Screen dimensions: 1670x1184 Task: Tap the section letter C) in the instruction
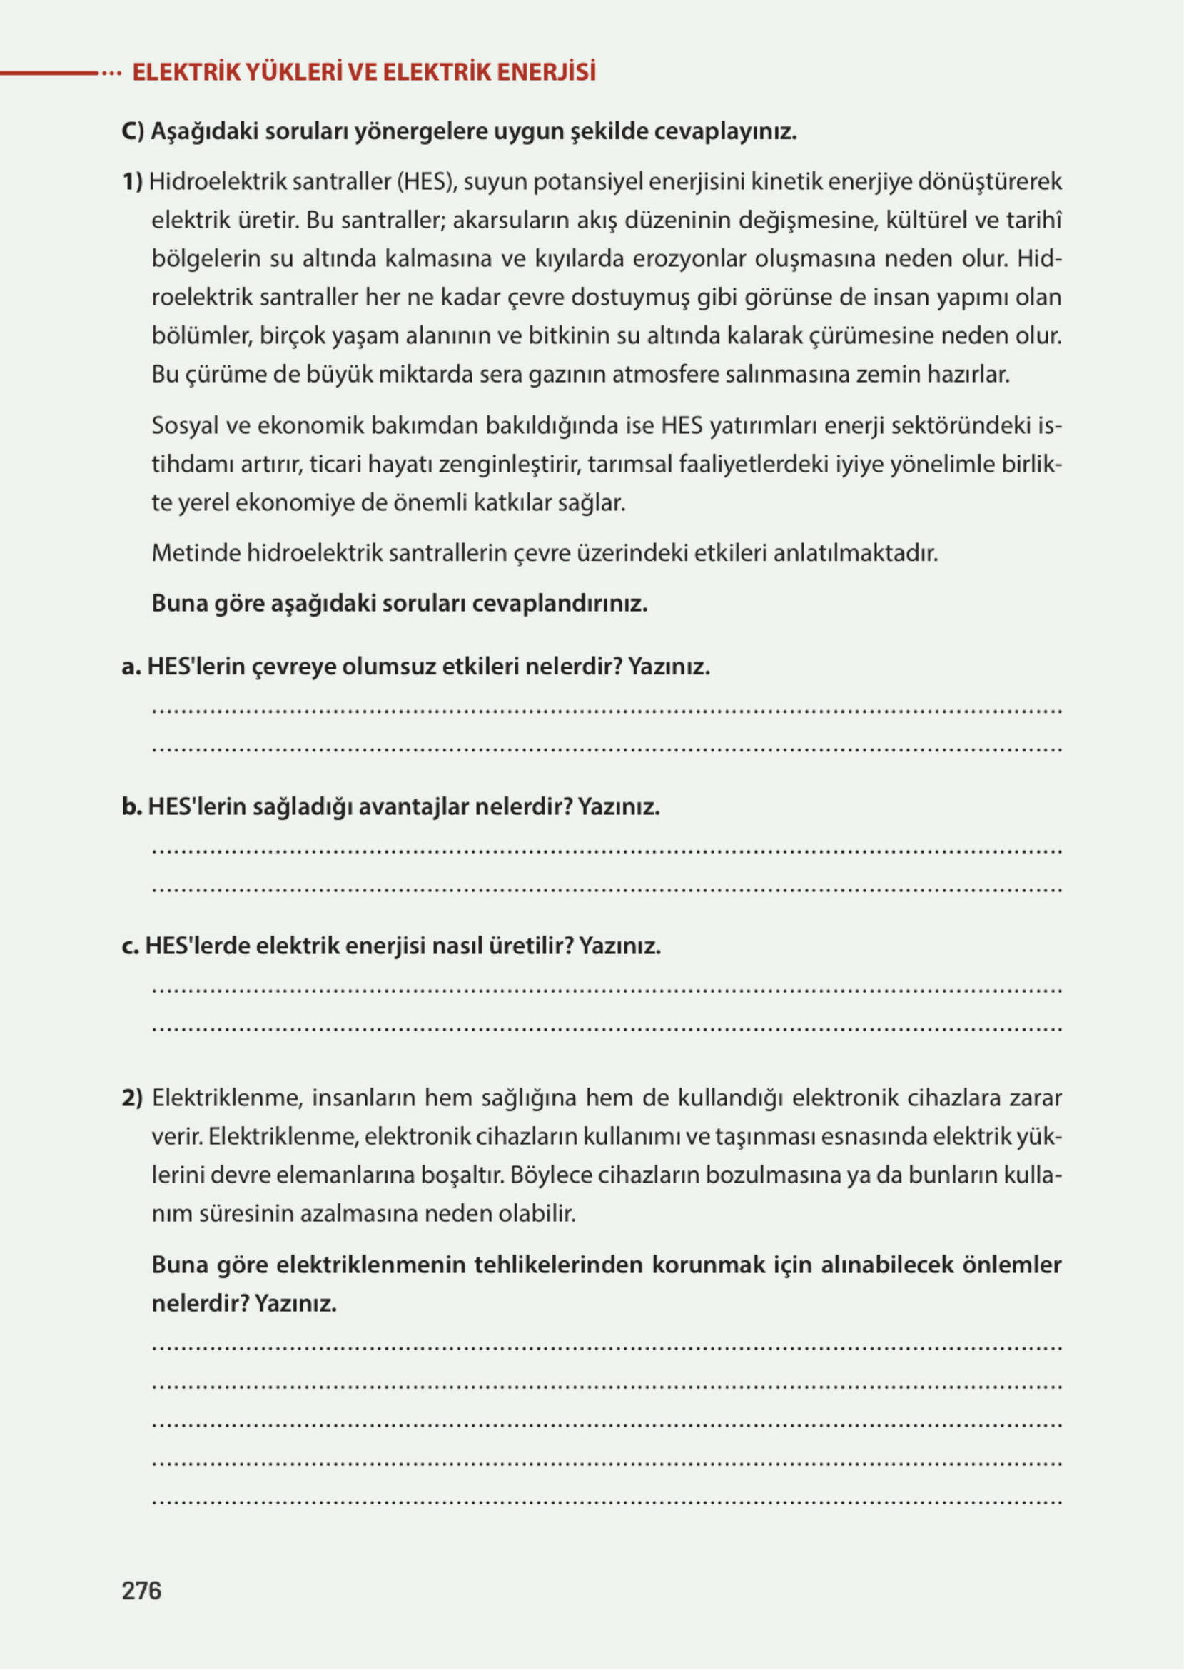click(x=133, y=132)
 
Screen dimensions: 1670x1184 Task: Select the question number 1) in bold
click(x=132, y=181)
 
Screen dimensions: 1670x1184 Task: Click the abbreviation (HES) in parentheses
click(x=427, y=181)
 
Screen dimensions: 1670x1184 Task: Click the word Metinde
click(x=196, y=553)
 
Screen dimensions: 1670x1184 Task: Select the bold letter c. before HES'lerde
click(x=131, y=946)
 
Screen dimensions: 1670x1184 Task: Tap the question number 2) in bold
click(x=133, y=1098)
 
